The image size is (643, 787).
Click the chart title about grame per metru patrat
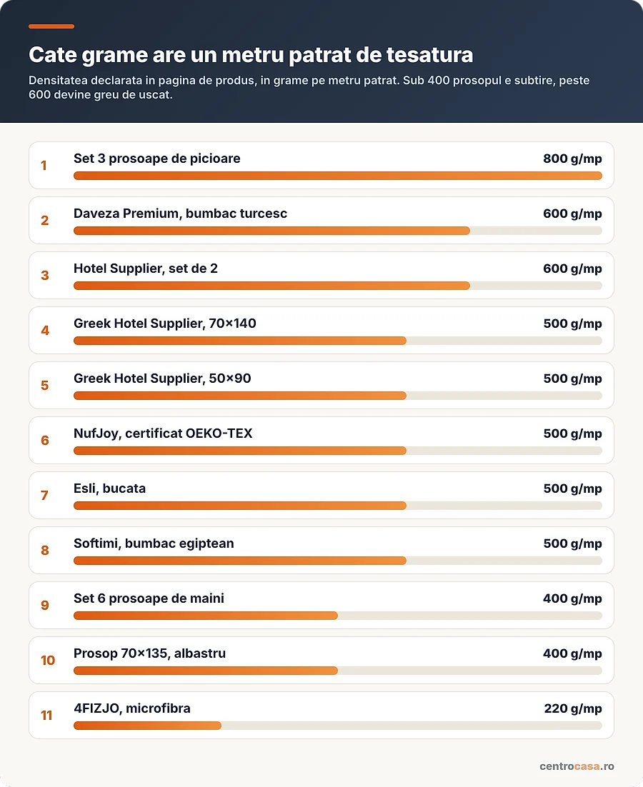(x=251, y=55)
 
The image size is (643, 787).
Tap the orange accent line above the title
(x=51, y=26)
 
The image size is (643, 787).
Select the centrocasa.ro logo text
(x=577, y=766)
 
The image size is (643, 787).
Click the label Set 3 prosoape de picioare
(x=156, y=159)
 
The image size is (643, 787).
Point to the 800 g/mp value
(x=572, y=159)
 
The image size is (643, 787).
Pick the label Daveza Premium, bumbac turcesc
(x=180, y=214)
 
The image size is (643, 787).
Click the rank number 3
(x=45, y=275)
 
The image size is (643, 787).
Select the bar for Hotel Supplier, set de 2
(x=271, y=286)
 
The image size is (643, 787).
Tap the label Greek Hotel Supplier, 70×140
(x=164, y=324)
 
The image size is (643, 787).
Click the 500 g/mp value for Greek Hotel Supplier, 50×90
(x=572, y=379)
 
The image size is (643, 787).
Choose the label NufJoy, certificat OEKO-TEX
(x=163, y=433)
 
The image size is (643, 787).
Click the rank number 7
(x=45, y=496)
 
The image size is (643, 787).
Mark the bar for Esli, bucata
(x=240, y=506)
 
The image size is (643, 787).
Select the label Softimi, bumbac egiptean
(x=154, y=543)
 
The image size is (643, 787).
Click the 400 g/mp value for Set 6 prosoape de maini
(x=572, y=598)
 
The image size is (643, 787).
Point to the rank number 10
(x=48, y=660)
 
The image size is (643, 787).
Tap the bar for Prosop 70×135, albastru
(x=206, y=671)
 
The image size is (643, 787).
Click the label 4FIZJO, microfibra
(x=132, y=708)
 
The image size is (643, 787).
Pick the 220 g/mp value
(x=573, y=708)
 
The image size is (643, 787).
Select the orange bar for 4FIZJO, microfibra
(x=148, y=726)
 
